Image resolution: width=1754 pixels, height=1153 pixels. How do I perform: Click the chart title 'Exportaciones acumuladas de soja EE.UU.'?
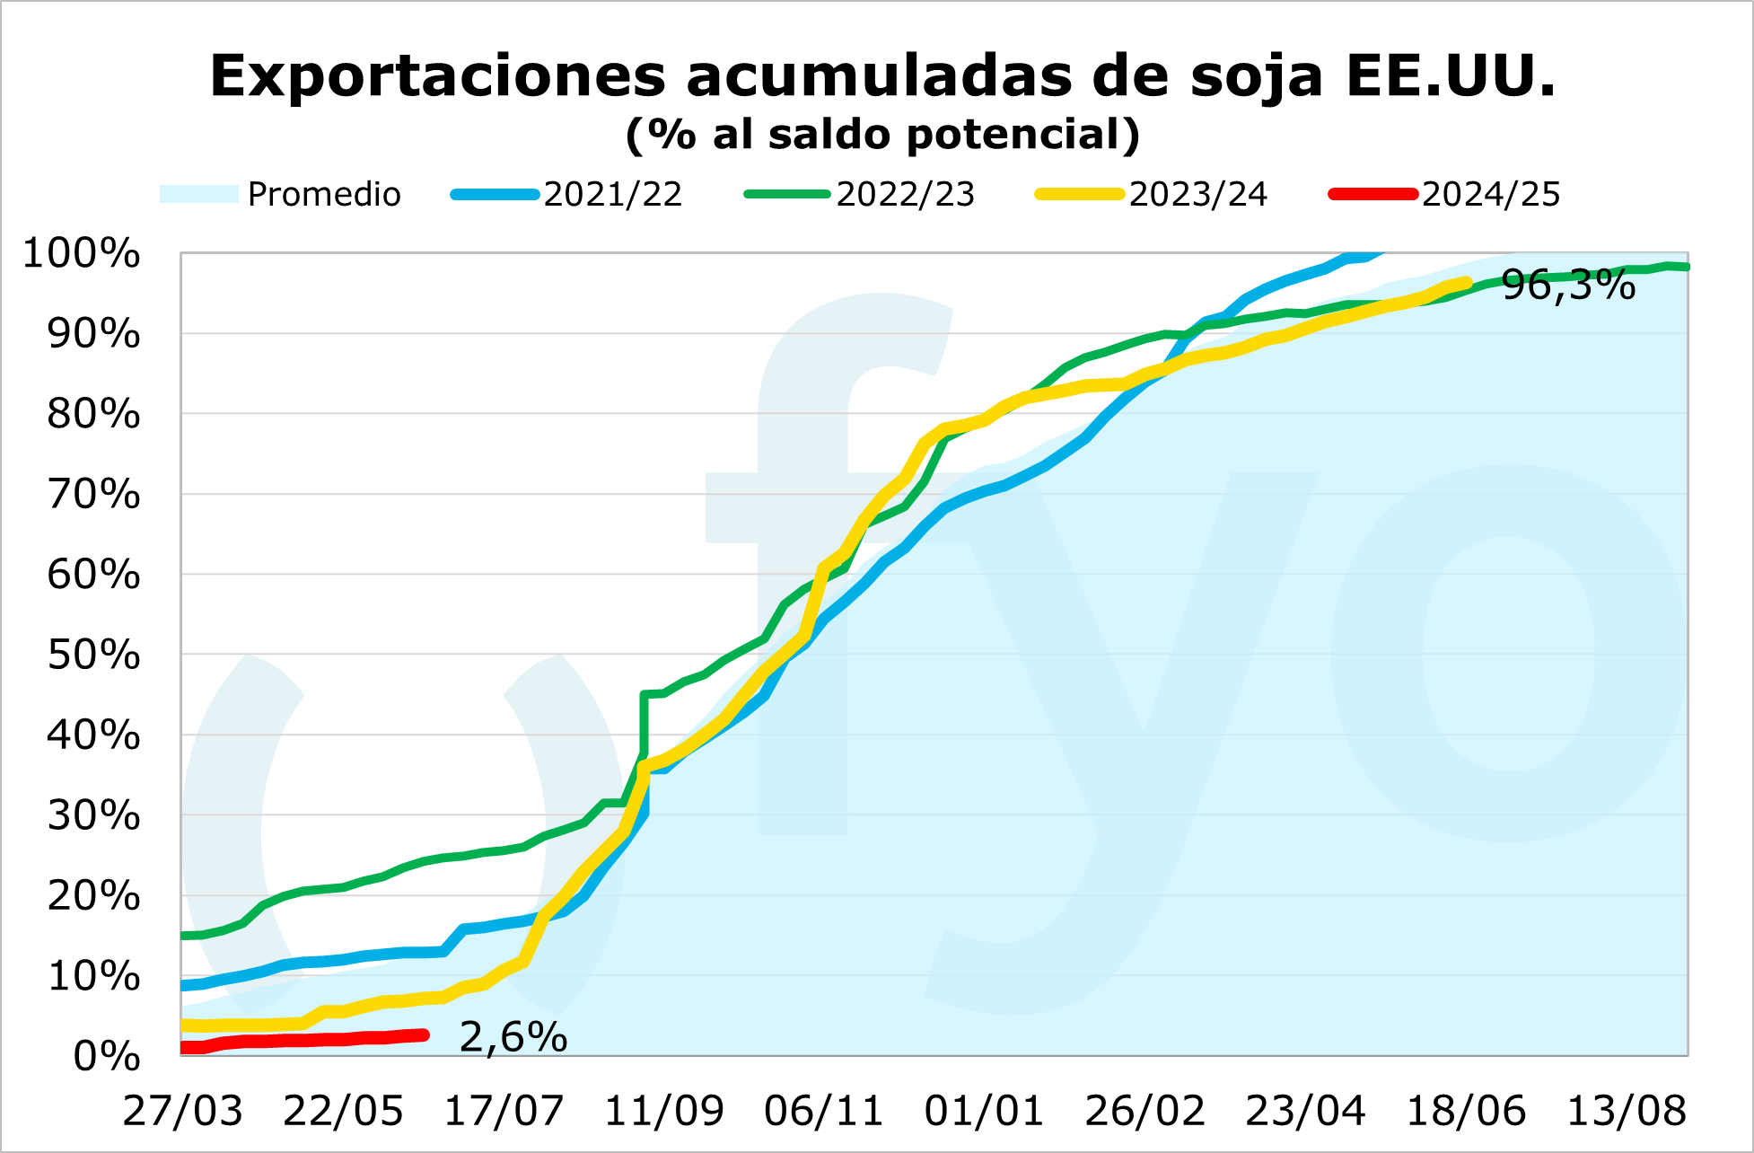883,75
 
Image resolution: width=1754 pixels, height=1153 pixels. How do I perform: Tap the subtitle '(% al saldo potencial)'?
883,135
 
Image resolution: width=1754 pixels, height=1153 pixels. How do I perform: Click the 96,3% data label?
1568,286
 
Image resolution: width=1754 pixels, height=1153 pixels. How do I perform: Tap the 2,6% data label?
513,1037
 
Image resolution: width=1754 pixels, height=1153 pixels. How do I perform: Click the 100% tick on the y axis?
82,254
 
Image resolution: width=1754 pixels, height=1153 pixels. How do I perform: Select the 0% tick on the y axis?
106,1056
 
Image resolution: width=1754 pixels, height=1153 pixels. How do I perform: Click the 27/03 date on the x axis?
182,1112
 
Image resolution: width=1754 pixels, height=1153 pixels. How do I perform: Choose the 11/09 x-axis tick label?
663,1112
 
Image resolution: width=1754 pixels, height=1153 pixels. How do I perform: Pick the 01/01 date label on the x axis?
984,1112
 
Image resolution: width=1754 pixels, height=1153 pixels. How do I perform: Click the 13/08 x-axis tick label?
1626,1112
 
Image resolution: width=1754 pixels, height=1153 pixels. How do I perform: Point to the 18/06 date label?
1465,1112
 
